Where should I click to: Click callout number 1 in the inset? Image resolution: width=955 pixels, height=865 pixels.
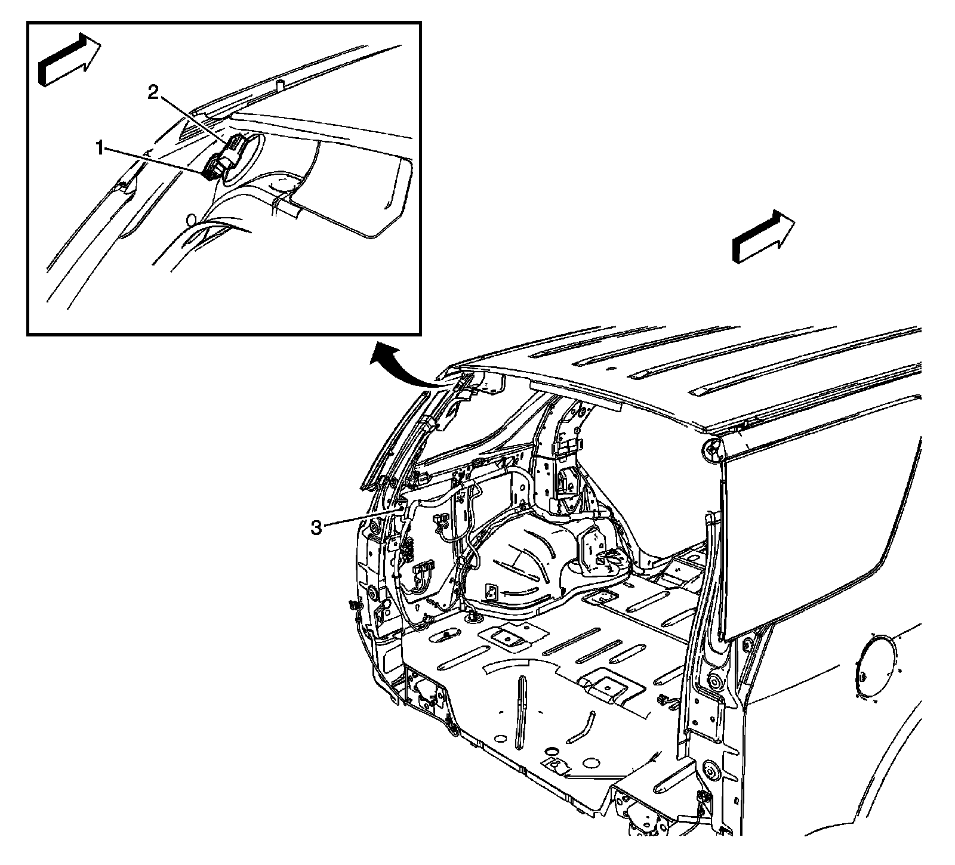point(103,147)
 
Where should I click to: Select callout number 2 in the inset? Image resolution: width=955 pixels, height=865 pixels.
point(153,92)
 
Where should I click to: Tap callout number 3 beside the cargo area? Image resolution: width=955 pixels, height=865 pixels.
point(317,527)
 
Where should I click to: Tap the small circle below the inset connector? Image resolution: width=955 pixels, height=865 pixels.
point(192,220)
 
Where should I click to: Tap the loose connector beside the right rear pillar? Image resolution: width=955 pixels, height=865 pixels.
point(663,699)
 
